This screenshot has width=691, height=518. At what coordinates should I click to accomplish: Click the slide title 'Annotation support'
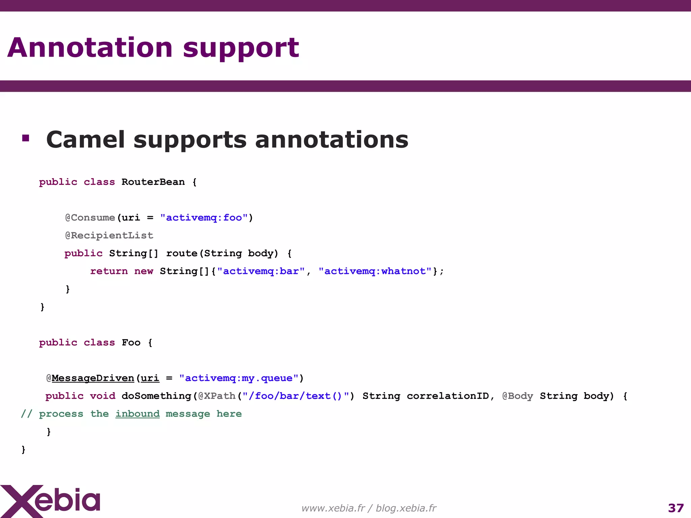(153, 48)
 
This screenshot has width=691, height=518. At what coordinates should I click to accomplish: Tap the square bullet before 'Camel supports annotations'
(26, 138)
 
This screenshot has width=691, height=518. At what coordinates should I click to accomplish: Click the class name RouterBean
(153, 182)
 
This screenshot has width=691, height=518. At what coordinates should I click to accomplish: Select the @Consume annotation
(90, 218)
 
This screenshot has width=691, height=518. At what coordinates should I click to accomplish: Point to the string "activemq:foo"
(204, 218)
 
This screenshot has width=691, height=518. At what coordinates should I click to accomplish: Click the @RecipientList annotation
(109, 235)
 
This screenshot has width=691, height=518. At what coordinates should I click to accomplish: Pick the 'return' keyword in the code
(109, 271)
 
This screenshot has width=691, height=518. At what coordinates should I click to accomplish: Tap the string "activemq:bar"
(261, 271)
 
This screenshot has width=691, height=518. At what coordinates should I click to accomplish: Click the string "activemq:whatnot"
(375, 271)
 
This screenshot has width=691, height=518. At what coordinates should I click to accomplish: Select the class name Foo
(131, 343)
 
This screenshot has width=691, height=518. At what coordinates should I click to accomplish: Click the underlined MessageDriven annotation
(93, 378)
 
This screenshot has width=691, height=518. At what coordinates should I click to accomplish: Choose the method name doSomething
(157, 396)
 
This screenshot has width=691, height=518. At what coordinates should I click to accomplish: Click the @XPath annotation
(217, 396)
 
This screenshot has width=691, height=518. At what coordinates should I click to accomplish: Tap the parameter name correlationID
(448, 396)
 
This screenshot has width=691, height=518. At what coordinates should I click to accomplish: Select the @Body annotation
(518, 396)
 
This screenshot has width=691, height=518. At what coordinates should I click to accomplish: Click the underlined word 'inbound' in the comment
(137, 414)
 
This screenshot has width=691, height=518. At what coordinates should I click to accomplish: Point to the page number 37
(675, 508)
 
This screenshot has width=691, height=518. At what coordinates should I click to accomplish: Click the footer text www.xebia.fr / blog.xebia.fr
(369, 508)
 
